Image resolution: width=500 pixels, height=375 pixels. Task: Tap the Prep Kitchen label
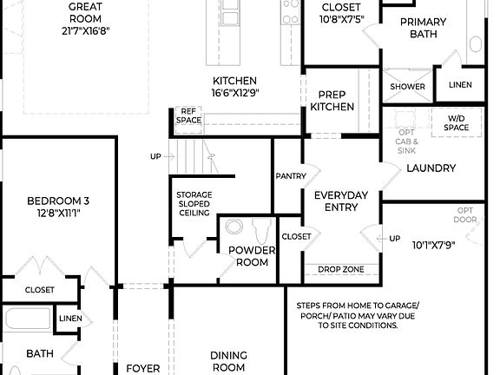(332, 101)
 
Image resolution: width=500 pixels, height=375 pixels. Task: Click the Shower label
(407, 87)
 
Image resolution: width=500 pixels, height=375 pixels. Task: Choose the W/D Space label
(457, 122)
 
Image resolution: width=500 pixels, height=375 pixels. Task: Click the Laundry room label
(431, 168)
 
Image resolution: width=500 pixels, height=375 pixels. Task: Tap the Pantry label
(291, 176)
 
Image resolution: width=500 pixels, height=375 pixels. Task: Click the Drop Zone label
(340, 269)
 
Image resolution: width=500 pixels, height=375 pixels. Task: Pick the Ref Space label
(188, 115)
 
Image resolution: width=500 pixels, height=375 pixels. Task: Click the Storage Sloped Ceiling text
(194, 203)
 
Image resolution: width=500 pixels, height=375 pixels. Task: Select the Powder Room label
(252, 256)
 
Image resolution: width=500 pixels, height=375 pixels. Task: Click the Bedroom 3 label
(58, 206)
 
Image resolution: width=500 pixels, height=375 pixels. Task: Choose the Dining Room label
(229, 361)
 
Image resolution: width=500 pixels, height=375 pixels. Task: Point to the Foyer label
(143, 368)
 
